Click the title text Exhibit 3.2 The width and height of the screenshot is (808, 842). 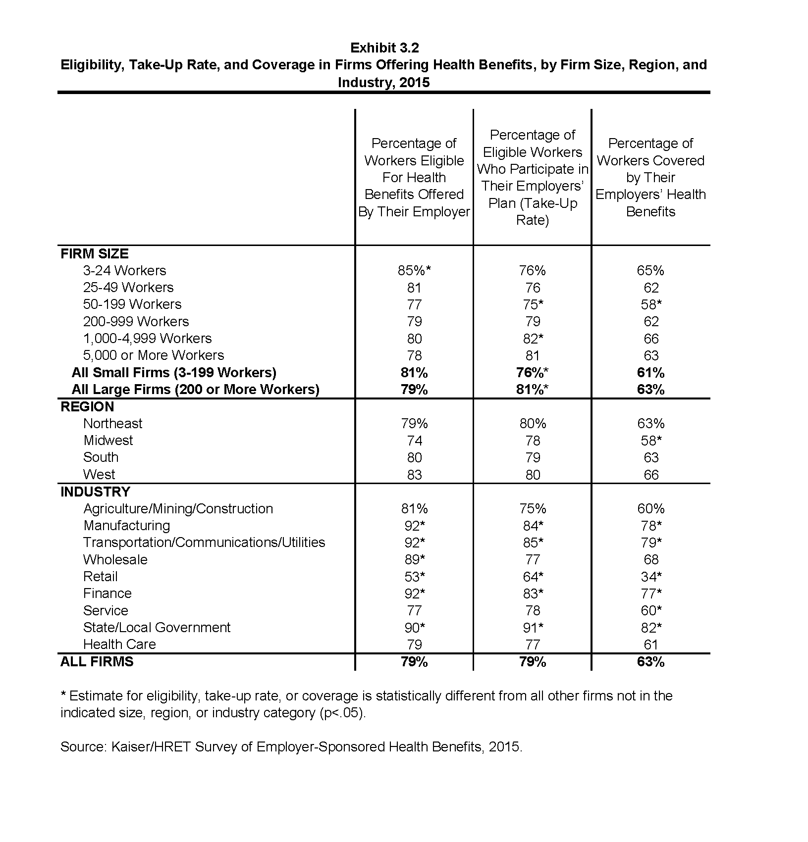coord(384,48)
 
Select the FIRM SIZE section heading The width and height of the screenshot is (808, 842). coord(94,253)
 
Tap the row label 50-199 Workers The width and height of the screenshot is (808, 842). coord(132,304)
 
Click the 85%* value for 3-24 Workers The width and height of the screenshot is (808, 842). coord(415,270)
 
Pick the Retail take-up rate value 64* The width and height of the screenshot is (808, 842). coord(533,576)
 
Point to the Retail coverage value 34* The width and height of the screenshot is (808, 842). coord(651,576)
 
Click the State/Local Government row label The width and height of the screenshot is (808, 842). coord(157,627)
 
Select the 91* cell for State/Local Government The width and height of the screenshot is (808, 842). coord(533,627)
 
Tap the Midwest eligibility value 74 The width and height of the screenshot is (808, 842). coord(414,441)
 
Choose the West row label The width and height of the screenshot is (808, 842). coord(99,474)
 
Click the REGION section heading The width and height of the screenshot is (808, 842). coord(87,406)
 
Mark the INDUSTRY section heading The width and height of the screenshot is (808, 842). coord(95,492)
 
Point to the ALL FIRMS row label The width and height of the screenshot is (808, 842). coord(97,661)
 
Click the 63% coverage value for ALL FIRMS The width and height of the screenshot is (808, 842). coord(650,661)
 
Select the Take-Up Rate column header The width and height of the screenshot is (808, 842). coord(533,177)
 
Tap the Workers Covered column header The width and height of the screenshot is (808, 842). coord(650,177)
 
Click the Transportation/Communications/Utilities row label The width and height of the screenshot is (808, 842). coord(204,542)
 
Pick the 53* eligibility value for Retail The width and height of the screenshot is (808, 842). coord(415,576)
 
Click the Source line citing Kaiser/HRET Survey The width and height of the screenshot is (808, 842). coord(291,746)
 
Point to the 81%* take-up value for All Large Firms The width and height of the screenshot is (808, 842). coord(533,389)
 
